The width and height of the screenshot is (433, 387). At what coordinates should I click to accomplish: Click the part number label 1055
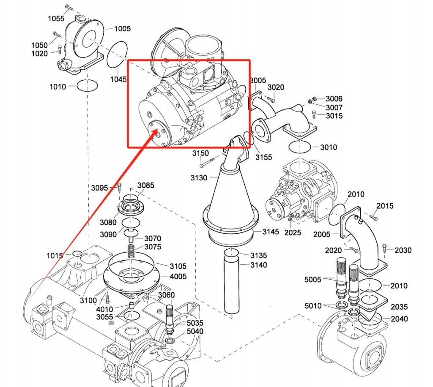(x=56, y=19)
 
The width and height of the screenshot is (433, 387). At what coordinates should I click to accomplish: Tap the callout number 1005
(x=122, y=29)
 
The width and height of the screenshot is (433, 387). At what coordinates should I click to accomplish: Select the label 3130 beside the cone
(x=199, y=177)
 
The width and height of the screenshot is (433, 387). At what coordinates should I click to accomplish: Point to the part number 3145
(x=271, y=232)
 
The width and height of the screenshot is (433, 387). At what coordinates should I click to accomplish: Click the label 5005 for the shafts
(x=313, y=279)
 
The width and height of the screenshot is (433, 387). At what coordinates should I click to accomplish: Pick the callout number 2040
(x=399, y=319)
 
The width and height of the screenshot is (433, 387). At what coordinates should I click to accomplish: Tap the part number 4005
(x=178, y=276)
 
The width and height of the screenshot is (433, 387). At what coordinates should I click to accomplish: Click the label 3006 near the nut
(x=334, y=99)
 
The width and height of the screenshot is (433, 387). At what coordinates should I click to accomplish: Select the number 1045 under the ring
(x=118, y=79)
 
